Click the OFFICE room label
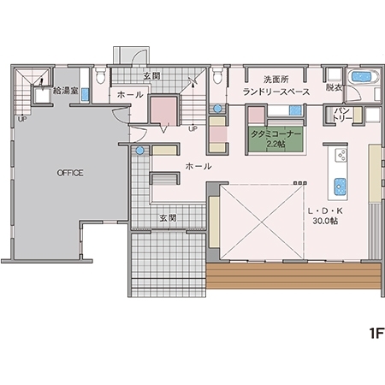(70, 173)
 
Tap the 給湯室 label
(66, 91)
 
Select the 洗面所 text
(275, 80)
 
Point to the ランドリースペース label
(276, 92)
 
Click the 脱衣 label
(334, 87)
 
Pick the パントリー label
(343, 115)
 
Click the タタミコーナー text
(275, 134)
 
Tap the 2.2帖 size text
(275, 144)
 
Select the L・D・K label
(325, 211)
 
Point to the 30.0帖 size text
(325, 221)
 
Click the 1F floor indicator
(376, 333)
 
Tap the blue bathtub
(361, 76)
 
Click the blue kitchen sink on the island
(340, 187)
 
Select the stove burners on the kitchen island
(341, 155)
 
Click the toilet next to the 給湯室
(100, 75)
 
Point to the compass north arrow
(193, 82)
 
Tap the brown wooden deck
(293, 275)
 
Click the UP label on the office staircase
(22, 119)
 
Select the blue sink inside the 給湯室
(85, 94)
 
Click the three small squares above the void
(300, 183)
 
